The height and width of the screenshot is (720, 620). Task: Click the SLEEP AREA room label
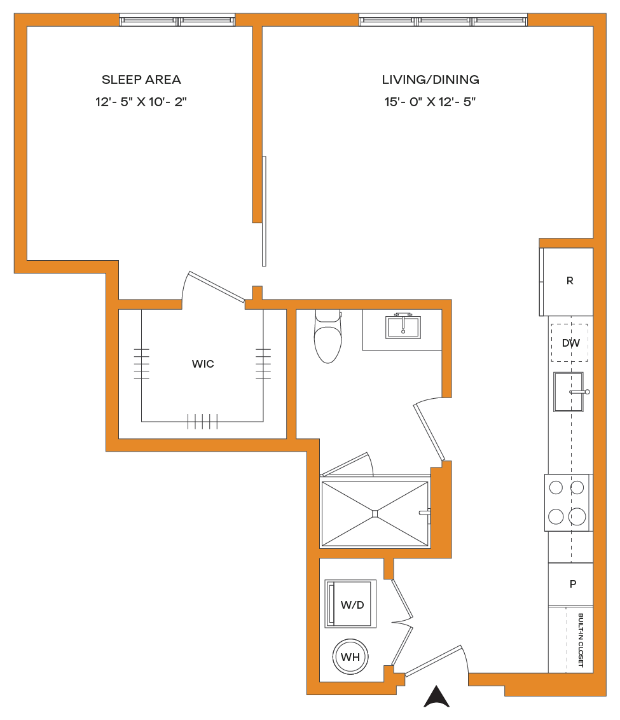(141, 80)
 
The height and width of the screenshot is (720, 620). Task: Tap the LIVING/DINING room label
(431, 80)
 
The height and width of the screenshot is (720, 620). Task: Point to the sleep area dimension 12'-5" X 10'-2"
(141, 102)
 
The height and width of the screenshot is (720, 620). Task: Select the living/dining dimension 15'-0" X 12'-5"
(430, 102)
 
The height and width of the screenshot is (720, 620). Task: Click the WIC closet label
(203, 364)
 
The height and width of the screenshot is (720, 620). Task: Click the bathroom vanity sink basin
(403, 327)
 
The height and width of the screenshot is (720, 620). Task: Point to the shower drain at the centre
(375, 514)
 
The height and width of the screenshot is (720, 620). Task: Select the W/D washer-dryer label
(352, 605)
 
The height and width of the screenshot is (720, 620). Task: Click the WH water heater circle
(350, 656)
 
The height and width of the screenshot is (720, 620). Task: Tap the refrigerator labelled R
(567, 282)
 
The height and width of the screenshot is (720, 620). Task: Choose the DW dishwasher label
(571, 343)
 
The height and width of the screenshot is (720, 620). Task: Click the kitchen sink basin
(568, 392)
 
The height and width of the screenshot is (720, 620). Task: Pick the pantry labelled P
(571, 584)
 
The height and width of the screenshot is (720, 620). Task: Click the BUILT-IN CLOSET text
(581, 640)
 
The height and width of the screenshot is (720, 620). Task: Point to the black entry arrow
(436, 696)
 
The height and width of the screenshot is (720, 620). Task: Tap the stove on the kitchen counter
(568, 503)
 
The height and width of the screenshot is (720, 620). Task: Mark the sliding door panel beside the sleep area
(264, 211)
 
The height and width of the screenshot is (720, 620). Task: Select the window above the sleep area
(177, 20)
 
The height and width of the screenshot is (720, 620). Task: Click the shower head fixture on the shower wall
(425, 513)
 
